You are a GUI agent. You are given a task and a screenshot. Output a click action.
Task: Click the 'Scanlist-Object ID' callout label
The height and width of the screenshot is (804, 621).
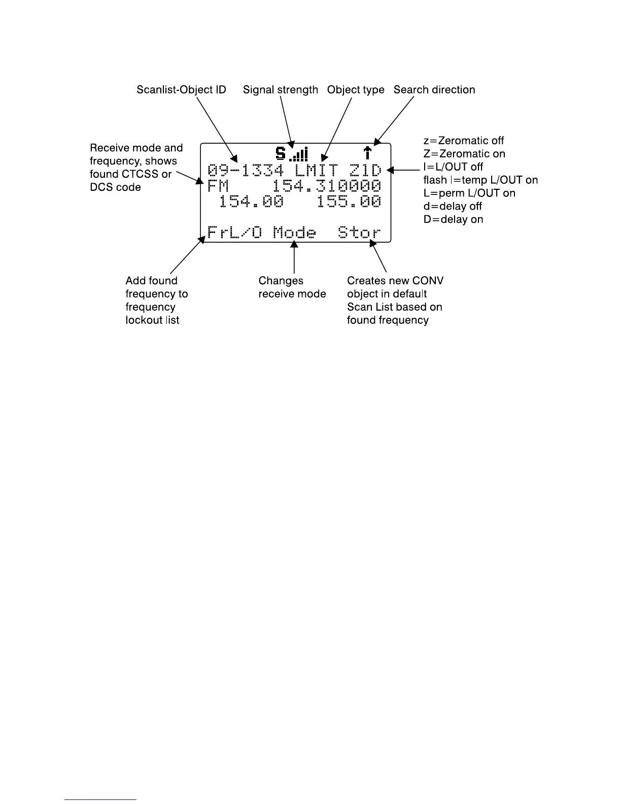point(181,90)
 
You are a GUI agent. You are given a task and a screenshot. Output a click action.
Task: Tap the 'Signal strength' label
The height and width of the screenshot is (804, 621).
point(280,90)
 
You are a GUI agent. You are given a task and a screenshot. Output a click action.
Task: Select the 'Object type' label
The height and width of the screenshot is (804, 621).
point(356,90)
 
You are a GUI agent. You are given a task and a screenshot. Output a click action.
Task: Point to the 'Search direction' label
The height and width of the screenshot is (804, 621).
point(434,90)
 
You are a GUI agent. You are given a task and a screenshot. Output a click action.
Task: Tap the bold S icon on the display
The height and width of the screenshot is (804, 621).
point(280,153)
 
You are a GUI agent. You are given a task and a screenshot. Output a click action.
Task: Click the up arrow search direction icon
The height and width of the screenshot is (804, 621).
point(368,153)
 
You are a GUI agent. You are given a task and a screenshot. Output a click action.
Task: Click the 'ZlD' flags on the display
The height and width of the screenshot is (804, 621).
point(365,170)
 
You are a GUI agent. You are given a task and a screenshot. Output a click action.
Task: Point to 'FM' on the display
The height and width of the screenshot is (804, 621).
point(219,186)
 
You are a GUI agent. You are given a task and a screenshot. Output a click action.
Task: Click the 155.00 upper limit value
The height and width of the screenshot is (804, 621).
point(349,202)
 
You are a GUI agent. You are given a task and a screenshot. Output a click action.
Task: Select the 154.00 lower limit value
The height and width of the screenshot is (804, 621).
point(251,202)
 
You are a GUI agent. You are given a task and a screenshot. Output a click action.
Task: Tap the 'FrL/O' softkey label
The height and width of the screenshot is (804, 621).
point(235,233)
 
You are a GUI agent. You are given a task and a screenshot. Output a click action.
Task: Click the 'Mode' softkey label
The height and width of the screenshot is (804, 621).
point(294,233)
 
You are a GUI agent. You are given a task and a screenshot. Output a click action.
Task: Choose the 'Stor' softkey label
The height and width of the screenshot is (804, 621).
point(359,233)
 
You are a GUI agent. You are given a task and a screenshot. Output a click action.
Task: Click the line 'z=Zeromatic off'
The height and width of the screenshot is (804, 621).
point(464,141)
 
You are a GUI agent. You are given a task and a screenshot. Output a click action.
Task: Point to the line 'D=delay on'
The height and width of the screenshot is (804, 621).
point(453,219)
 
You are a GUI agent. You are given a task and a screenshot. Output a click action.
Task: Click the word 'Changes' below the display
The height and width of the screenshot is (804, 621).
point(281,281)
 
